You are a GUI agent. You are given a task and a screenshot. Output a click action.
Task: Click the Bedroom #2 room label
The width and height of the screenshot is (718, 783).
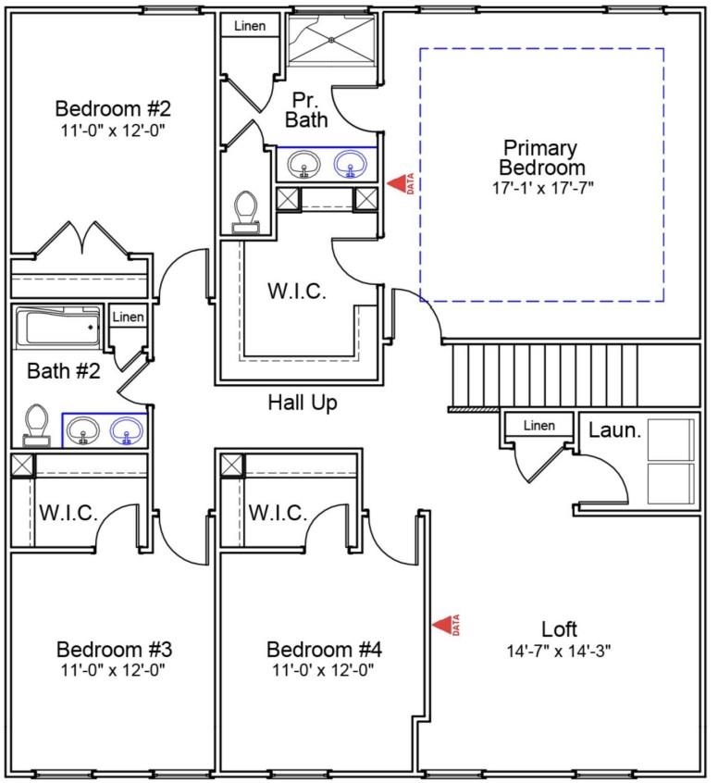(113, 106)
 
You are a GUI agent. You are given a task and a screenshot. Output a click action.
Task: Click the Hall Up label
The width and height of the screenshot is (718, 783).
(303, 403)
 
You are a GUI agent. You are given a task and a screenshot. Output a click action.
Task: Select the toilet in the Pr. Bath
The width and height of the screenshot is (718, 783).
(245, 210)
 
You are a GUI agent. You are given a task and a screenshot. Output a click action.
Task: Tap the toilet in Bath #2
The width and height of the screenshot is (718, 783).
(37, 425)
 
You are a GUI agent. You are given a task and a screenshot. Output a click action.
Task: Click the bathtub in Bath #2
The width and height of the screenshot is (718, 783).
(58, 327)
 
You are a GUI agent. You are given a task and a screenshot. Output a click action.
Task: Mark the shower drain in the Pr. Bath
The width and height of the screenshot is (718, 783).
(331, 40)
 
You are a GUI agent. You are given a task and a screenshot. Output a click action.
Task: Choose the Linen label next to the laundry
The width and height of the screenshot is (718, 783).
(538, 426)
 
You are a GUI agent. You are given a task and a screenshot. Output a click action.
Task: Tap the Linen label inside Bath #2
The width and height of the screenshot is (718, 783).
(128, 317)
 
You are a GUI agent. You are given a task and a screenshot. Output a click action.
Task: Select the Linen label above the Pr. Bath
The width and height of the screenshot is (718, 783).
(249, 26)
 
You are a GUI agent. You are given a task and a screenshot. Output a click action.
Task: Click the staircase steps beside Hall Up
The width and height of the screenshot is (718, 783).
(546, 374)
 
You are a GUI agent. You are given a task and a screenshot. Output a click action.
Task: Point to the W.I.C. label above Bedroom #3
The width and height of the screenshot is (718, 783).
(68, 513)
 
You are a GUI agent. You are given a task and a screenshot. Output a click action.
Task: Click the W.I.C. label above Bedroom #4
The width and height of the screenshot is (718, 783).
(279, 513)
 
